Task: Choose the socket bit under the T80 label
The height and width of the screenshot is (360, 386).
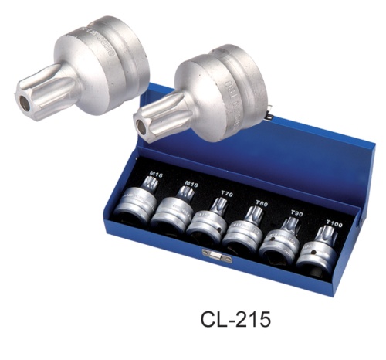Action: pos(246,229)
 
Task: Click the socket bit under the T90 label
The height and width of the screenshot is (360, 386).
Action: pos(282,239)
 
